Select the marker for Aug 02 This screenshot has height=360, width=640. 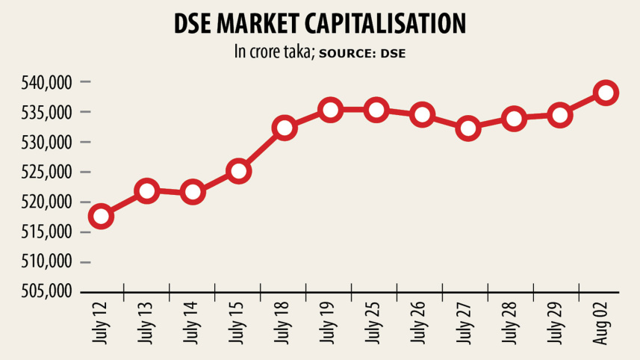pos(605,93)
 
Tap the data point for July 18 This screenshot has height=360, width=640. pos(285,128)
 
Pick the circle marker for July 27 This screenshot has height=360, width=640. pos(468,128)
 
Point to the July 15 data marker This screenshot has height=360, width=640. pos(239,171)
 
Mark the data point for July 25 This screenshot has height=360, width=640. pos(376,110)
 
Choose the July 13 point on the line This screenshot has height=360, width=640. pos(147,191)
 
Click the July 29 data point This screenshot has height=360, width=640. pos(559,115)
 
